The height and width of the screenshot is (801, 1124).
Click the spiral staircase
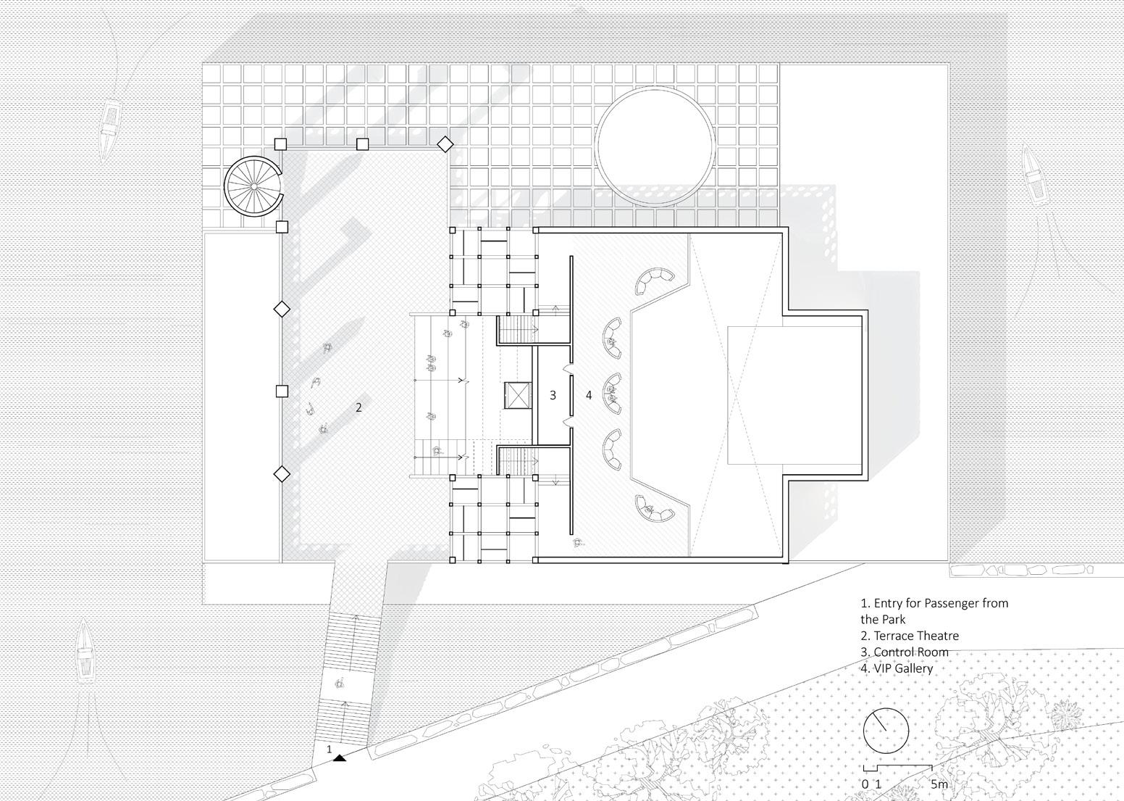point(253,186)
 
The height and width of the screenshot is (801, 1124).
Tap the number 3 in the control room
point(553,395)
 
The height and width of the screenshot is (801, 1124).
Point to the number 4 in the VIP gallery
point(589,395)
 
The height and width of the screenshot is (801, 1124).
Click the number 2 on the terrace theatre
point(358,407)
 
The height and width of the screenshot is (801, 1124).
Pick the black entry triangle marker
point(340,758)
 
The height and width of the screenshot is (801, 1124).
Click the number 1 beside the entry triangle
point(330,749)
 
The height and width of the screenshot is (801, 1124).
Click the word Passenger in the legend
point(953,603)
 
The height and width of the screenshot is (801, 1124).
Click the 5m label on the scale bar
point(939,784)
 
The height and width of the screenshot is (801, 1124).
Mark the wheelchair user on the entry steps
point(339,683)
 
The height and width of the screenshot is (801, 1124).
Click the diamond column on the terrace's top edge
point(445,145)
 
